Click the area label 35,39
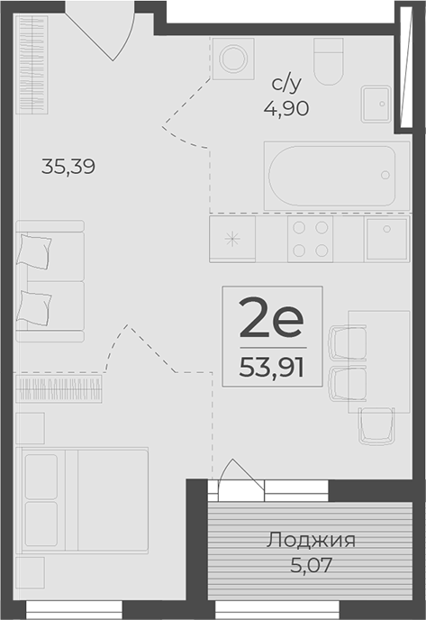tap(68, 167)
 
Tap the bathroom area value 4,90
tap(286, 108)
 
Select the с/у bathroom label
tap(286, 84)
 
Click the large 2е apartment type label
tap(271, 318)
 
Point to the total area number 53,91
tap(271, 369)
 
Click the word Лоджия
tap(311, 540)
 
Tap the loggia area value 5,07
tap(311, 565)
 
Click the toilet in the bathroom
tap(329, 61)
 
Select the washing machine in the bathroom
tap(233, 59)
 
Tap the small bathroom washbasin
tap(376, 104)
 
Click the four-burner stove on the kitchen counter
tap(310, 239)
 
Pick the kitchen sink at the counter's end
tap(387, 239)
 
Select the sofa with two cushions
tap(50, 281)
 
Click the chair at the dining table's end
tap(376, 426)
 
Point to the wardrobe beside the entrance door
tap(32, 65)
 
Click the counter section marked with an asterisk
tap(232, 239)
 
